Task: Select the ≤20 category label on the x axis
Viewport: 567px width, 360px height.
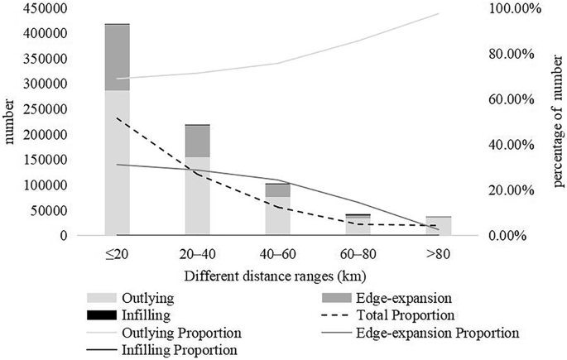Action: click(117, 254)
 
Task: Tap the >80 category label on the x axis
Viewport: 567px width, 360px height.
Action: click(438, 254)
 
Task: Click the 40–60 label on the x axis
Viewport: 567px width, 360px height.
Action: click(277, 254)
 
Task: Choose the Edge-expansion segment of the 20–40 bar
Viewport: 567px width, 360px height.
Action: click(197, 142)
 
